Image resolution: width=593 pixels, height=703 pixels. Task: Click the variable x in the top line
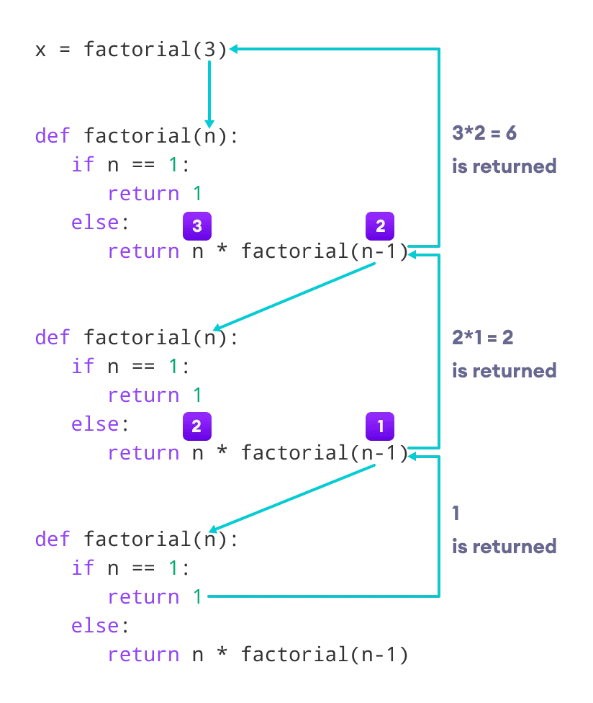[40, 50]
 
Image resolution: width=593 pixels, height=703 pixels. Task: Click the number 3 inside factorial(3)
[209, 50]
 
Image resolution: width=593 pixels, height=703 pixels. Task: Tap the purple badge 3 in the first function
[196, 226]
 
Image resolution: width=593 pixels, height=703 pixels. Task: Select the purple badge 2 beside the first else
[196, 426]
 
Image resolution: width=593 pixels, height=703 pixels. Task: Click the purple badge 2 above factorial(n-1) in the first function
[380, 226]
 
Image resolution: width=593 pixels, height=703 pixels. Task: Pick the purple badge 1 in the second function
[380, 426]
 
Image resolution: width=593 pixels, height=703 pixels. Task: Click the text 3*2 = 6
[484, 133]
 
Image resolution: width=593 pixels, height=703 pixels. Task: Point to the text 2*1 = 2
[482, 337]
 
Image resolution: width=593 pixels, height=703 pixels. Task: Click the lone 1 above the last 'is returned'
[456, 514]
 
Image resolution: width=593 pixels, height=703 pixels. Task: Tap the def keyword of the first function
[52, 136]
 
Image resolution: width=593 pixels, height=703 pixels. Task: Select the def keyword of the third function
[52, 539]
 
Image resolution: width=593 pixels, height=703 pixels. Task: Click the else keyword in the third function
[94, 625]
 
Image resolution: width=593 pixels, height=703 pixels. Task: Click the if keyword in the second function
[83, 366]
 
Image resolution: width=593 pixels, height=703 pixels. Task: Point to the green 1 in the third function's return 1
[196, 596]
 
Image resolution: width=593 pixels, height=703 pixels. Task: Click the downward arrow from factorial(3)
[209, 94]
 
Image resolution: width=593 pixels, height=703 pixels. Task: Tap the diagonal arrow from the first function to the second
[295, 297]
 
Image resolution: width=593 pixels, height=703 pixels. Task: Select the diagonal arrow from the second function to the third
[295, 498]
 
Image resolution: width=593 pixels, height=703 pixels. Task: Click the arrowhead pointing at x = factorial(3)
[235, 49]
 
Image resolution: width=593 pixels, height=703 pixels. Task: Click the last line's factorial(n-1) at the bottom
[325, 654]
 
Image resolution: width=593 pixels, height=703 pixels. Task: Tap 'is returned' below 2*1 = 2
[504, 370]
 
